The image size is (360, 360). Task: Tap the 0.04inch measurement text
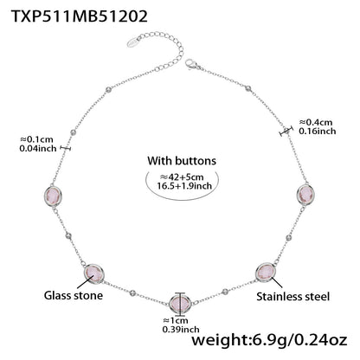click(x=35, y=149)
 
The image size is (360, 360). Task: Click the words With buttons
click(x=182, y=160)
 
